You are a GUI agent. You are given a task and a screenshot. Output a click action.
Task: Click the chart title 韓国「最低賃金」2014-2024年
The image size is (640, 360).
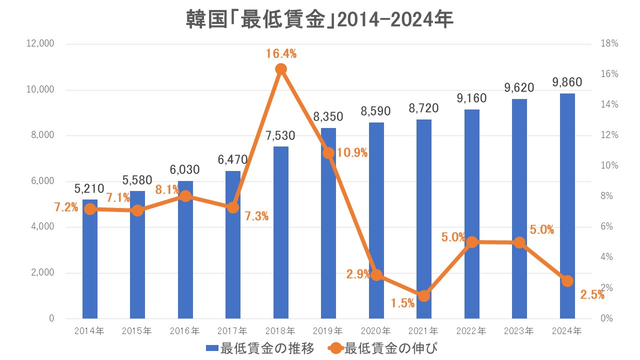[320, 20]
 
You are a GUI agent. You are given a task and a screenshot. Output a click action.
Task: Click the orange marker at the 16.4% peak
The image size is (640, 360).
[281, 69]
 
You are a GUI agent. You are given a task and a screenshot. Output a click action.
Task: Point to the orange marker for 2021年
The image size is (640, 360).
[424, 296]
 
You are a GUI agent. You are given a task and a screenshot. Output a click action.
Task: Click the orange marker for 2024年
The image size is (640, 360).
[567, 281]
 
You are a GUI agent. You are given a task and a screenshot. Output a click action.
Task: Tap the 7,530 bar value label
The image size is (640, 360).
[281, 135]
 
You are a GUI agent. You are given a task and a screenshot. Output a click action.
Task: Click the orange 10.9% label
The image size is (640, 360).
[352, 153]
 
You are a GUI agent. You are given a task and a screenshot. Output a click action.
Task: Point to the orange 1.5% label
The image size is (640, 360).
[403, 302]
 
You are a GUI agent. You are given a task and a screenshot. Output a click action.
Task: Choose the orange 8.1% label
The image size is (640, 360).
[167, 189]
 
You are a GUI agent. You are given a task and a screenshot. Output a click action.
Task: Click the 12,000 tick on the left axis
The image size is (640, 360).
[42, 44]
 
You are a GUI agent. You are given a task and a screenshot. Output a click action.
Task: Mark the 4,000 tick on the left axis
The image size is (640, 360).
[44, 227]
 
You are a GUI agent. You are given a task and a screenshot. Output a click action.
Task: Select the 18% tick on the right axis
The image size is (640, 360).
[609, 44]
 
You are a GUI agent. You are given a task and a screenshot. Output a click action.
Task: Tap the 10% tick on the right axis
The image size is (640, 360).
[609, 166]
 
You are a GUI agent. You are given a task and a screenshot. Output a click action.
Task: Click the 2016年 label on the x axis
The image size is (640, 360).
[185, 330]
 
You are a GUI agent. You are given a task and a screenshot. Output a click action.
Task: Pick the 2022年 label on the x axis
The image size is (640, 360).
[472, 330]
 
